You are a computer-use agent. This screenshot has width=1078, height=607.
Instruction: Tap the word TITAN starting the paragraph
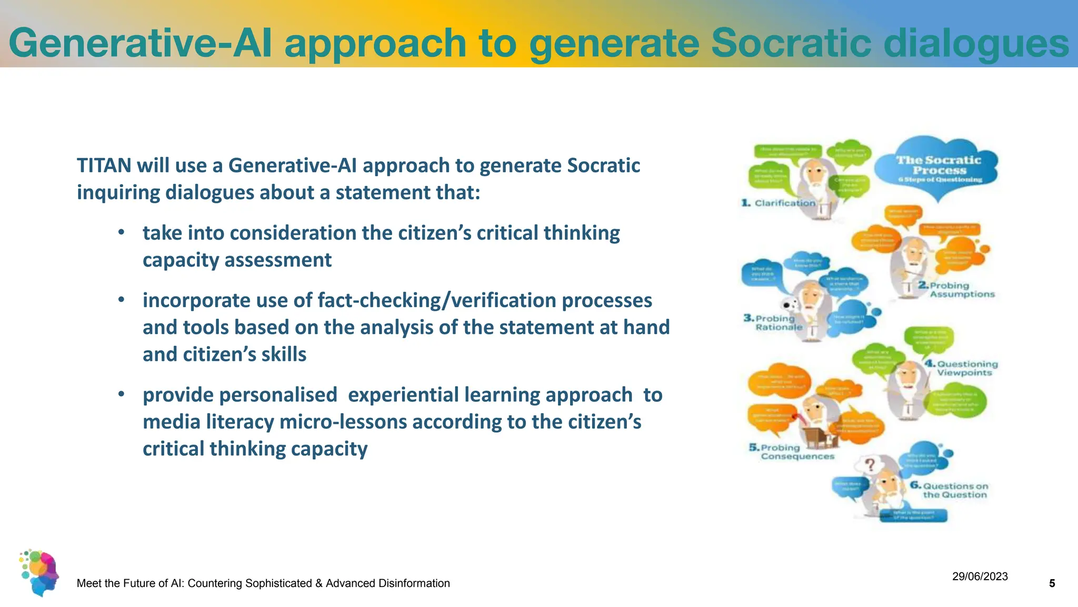104,165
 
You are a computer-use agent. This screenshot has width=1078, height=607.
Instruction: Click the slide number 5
1052,583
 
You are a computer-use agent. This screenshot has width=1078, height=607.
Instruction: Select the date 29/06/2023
980,576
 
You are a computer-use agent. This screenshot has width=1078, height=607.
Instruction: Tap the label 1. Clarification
779,203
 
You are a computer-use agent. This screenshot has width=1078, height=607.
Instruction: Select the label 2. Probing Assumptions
957,289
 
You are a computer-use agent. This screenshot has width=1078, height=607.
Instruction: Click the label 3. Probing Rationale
774,322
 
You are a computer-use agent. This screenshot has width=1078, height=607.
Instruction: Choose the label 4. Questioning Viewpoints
962,368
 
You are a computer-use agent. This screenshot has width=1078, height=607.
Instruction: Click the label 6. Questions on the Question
950,490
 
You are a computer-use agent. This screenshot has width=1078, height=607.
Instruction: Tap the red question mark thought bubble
870,465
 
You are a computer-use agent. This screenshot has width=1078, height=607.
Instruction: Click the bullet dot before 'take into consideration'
121,232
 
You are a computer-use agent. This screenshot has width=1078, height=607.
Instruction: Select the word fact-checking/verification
436,300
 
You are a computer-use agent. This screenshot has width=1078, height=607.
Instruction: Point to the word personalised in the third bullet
239,395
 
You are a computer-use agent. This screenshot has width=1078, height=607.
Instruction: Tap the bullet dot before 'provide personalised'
121,394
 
